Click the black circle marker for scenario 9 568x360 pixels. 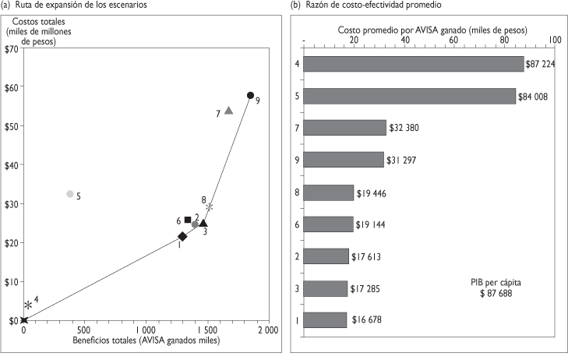point(250,95)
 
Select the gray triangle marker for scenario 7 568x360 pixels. point(228,111)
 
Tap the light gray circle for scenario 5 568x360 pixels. point(70,193)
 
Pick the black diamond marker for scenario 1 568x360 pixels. point(182,236)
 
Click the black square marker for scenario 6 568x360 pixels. point(188,220)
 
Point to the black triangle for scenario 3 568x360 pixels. point(203,223)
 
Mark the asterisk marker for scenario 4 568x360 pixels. point(28,305)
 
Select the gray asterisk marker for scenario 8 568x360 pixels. point(209,206)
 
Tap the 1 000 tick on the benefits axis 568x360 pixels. point(146,330)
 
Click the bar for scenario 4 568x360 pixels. point(413,63)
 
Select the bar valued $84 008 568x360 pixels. point(409,96)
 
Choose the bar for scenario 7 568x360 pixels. point(344,128)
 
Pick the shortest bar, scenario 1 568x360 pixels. point(325,319)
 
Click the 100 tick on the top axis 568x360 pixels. point(554,40)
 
